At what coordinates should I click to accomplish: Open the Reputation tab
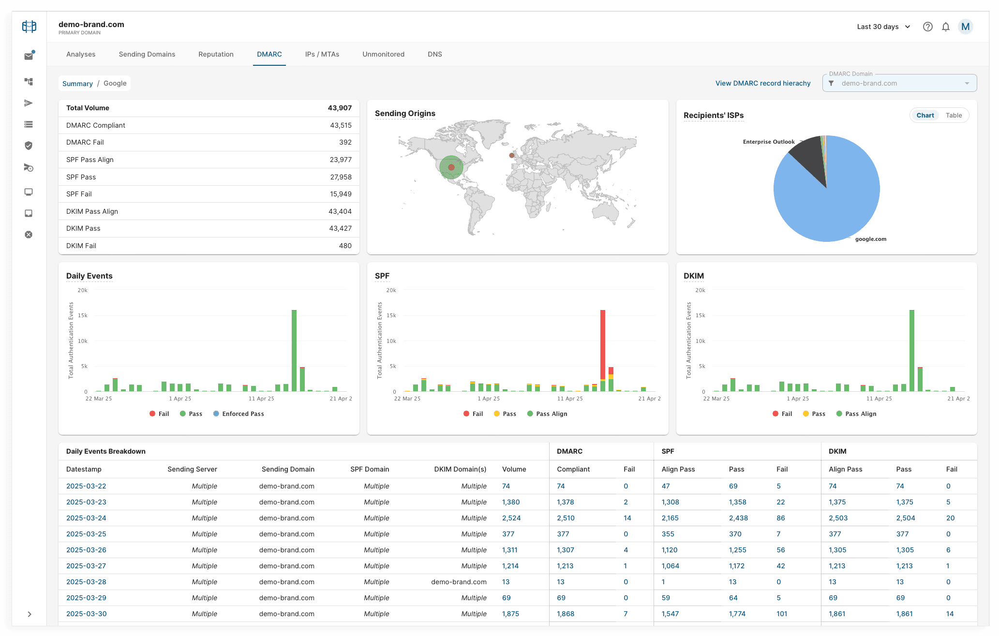(216, 54)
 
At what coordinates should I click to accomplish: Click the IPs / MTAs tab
(322, 54)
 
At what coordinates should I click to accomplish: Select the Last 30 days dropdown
(883, 27)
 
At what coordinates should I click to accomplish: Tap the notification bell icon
(946, 27)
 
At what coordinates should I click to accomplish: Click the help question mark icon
(927, 27)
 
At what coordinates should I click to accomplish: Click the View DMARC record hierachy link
(763, 83)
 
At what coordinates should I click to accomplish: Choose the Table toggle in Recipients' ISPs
(954, 115)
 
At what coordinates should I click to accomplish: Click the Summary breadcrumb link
(77, 84)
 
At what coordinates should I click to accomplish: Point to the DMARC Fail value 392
(345, 142)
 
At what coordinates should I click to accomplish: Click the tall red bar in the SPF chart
(603, 343)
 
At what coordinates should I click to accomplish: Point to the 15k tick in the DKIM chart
(700, 315)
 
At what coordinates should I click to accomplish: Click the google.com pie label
(870, 239)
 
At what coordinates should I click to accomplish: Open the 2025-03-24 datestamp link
(86, 518)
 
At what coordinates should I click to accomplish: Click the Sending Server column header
(192, 469)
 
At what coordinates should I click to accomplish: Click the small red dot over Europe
(511, 155)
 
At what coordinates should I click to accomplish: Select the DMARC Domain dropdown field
(899, 83)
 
